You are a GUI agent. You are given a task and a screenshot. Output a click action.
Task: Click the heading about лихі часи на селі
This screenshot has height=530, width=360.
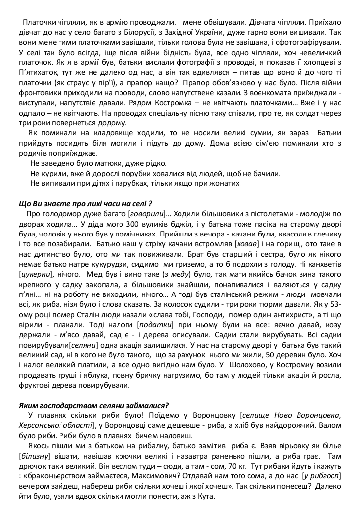pyautogui.click(x=85, y=203)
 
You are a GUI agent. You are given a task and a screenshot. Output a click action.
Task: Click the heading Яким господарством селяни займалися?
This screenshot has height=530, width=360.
pyautogui.click(x=94, y=406)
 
